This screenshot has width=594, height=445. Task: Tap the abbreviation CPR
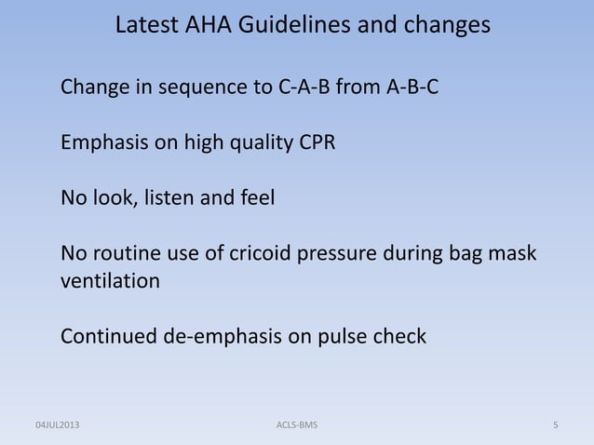(x=317, y=145)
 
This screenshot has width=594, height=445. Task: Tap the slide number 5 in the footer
(x=555, y=425)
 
